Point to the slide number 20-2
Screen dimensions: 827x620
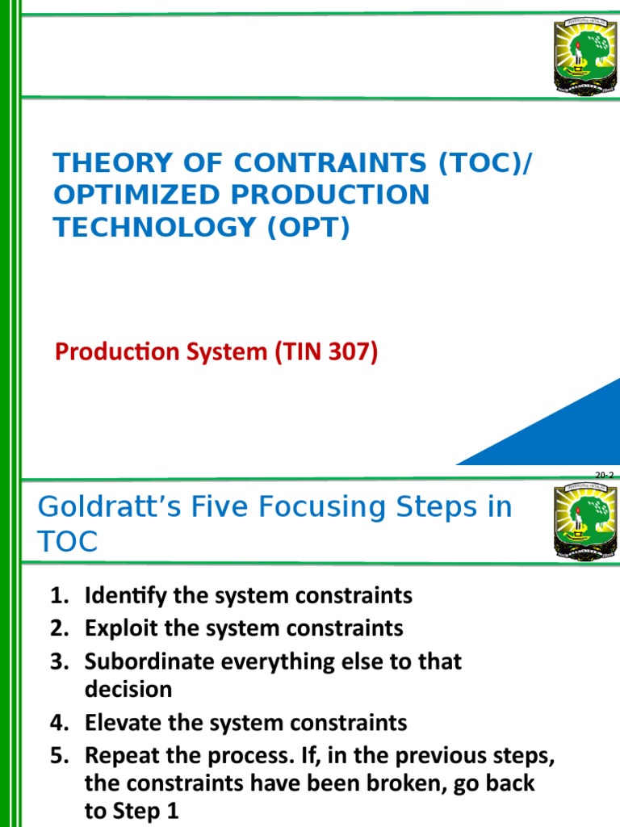[x=605, y=476]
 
